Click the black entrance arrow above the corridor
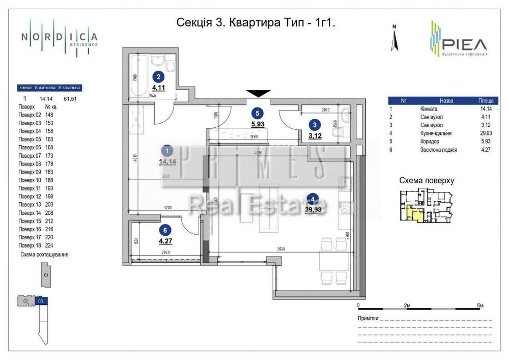point(259,93)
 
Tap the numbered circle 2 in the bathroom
point(159,77)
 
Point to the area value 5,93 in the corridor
point(258,123)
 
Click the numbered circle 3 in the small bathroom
point(315,124)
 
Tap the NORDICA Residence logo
point(59,37)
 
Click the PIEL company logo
point(458,39)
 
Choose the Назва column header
point(446,101)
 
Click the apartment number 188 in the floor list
point(50,180)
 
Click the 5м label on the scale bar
point(480,305)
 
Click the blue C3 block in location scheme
point(41,301)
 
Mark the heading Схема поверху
point(426,181)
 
